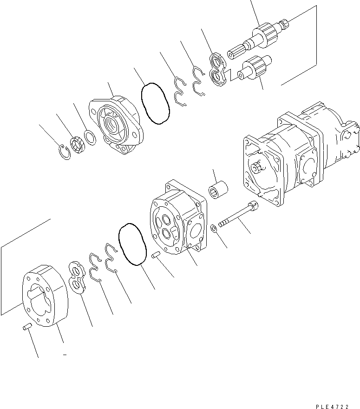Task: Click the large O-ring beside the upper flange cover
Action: (x=155, y=104)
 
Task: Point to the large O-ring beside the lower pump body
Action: (x=133, y=246)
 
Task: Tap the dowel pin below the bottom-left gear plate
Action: (x=27, y=328)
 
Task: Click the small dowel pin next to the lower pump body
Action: (x=157, y=255)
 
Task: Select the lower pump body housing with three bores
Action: (x=177, y=217)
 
